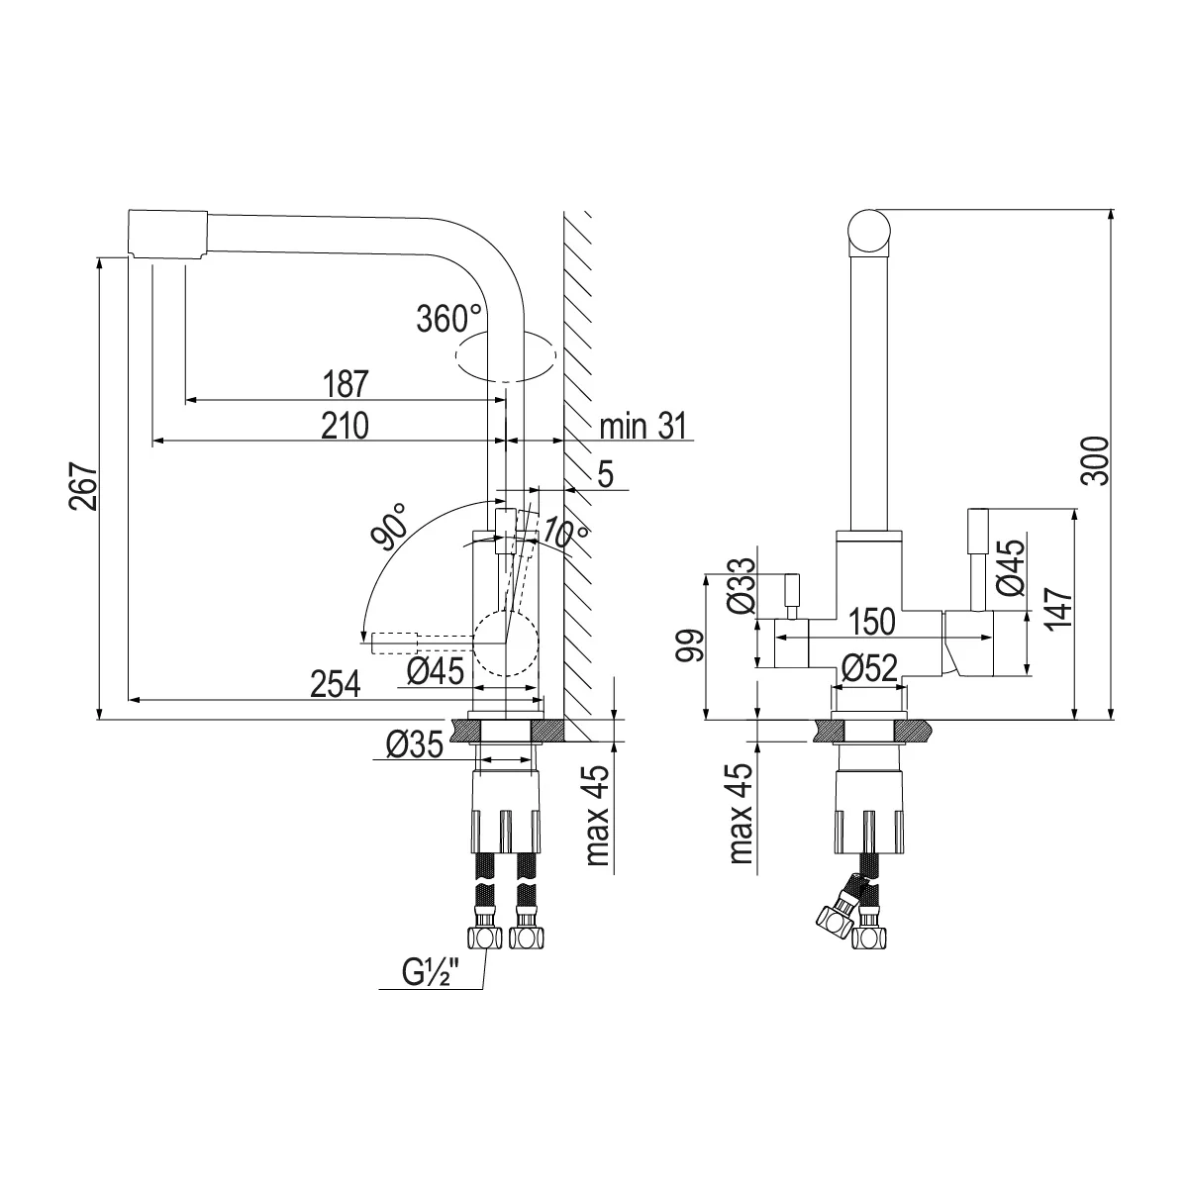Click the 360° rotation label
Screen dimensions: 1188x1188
pyautogui.click(x=449, y=319)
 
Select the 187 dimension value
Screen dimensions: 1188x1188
pyautogui.click(x=346, y=384)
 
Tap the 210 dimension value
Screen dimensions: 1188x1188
pyautogui.click(x=345, y=426)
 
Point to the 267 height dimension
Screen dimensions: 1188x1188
pyautogui.click(x=83, y=486)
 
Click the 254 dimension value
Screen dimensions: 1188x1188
pyautogui.click(x=335, y=684)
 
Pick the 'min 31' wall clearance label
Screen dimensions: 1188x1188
pyautogui.click(x=643, y=426)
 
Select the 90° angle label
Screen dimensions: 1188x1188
pyautogui.click(x=390, y=526)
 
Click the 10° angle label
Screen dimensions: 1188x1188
pyautogui.click(x=565, y=532)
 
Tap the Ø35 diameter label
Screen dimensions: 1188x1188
pyautogui.click(x=414, y=744)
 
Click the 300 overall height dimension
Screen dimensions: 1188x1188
pyautogui.click(x=1096, y=461)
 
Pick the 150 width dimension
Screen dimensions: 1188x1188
pyautogui.click(x=872, y=622)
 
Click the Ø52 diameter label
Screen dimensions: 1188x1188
pyautogui.click(x=869, y=667)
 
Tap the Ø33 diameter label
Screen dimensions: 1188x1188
pyautogui.click(x=742, y=586)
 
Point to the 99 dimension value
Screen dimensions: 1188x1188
pyautogui.click(x=689, y=645)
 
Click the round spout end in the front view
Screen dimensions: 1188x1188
pyautogui.click(x=869, y=231)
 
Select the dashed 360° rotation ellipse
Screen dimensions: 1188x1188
pyautogui.click(x=505, y=356)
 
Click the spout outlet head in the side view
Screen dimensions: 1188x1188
pyautogui.click(x=167, y=235)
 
